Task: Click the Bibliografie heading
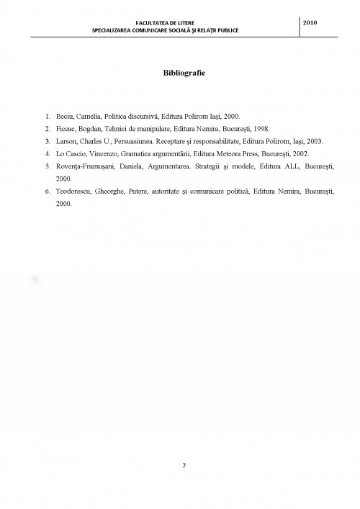coord(179,72)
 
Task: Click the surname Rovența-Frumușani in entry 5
coord(84,166)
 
